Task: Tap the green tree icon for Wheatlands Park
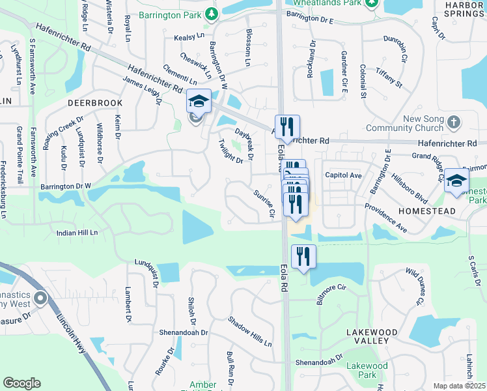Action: [x=371, y=4]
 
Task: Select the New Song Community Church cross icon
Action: [x=454, y=122]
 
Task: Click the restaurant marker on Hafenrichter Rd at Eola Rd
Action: [x=288, y=126]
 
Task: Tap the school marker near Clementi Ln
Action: [x=199, y=101]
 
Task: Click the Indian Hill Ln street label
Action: [x=77, y=232]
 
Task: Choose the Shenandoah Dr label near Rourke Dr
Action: [x=183, y=332]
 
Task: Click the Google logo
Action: [x=22, y=383]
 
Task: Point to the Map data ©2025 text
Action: [x=460, y=386]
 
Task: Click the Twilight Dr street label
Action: [x=230, y=151]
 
